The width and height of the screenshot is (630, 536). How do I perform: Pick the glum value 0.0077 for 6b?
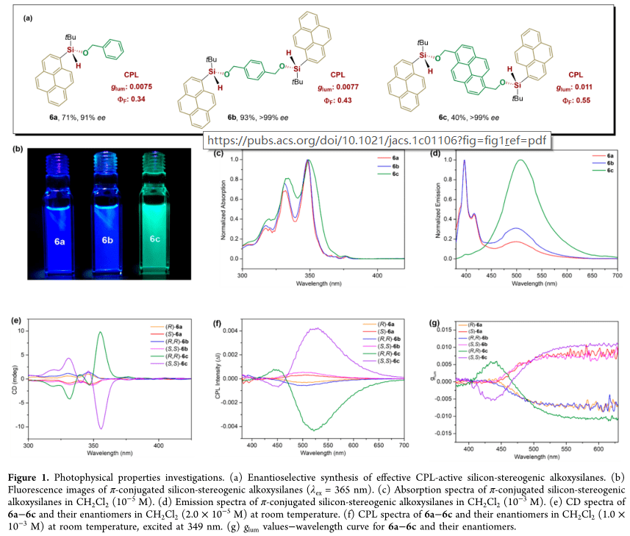pos(337,86)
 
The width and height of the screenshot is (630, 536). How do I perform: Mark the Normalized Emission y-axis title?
pos(426,211)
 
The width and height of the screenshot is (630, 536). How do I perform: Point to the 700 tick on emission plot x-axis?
pos(617,273)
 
